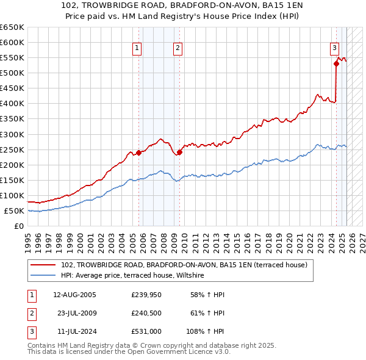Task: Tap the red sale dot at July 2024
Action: coord(336,63)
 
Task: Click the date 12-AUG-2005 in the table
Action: coord(74,295)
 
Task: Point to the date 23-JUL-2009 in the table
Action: coord(74,314)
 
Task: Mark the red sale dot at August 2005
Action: coord(138,153)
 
